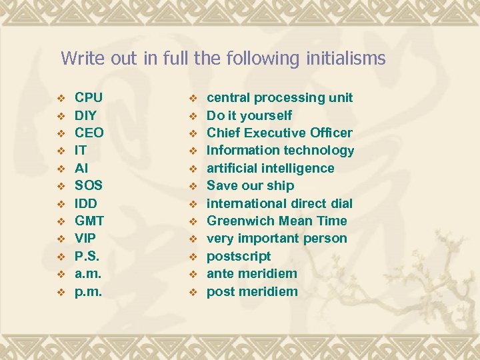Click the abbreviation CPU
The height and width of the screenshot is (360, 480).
(x=88, y=98)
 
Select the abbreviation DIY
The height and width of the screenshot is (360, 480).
(x=86, y=115)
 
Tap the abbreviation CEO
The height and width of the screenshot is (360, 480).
(x=89, y=133)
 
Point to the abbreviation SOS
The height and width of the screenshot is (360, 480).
(x=88, y=185)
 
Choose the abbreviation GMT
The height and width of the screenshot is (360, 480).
(x=89, y=221)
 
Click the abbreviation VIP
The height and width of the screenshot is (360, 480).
(x=85, y=238)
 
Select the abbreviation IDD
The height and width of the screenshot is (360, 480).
(x=86, y=203)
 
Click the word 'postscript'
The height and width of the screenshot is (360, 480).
(x=239, y=256)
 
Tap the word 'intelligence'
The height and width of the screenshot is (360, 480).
(x=294, y=168)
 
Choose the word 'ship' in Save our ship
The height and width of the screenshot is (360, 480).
(x=282, y=185)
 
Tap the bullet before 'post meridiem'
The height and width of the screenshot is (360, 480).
(x=193, y=292)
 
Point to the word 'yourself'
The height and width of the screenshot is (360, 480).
(x=267, y=115)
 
